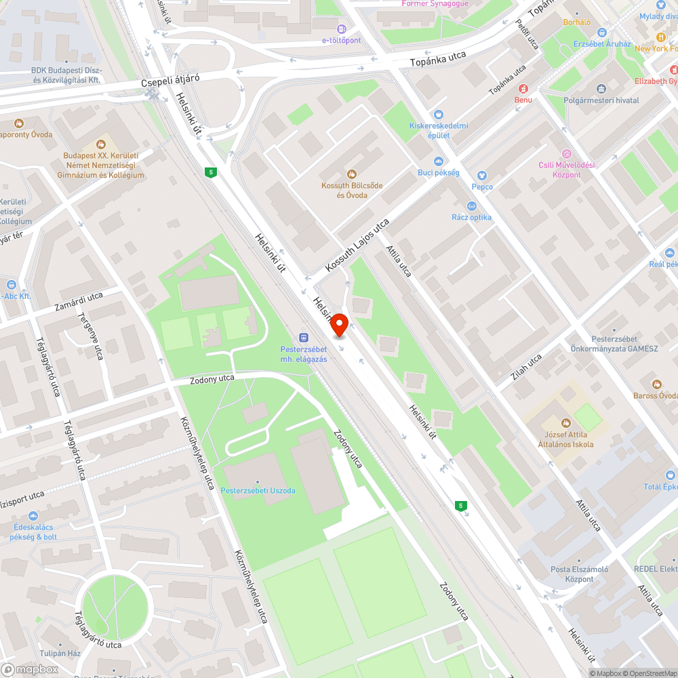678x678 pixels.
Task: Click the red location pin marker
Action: pyautogui.click(x=339, y=324)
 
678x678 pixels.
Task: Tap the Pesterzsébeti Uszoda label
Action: pyautogui.click(x=258, y=490)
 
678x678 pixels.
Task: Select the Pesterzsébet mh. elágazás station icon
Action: pyautogui.click(x=304, y=337)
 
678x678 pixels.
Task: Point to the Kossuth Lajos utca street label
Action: pyautogui.click(x=357, y=245)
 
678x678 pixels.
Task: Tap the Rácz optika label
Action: pyautogui.click(x=472, y=218)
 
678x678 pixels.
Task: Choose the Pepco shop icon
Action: pyautogui.click(x=482, y=176)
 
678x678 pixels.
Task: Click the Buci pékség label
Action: pyautogui.click(x=439, y=173)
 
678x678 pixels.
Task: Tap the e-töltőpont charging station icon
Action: pyautogui.click(x=341, y=29)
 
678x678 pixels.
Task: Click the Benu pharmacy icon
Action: pyautogui.click(x=523, y=89)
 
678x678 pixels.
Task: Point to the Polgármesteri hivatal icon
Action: pyautogui.click(x=601, y=89)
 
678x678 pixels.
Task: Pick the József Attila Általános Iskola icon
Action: pyautogui.click(x=566, y=423)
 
